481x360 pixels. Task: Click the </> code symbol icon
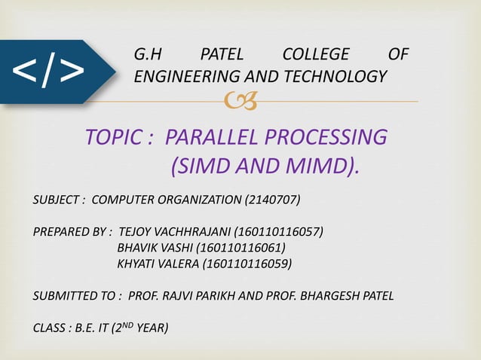(x=47, y=72)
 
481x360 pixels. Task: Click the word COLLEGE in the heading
(x=315, y=55)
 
